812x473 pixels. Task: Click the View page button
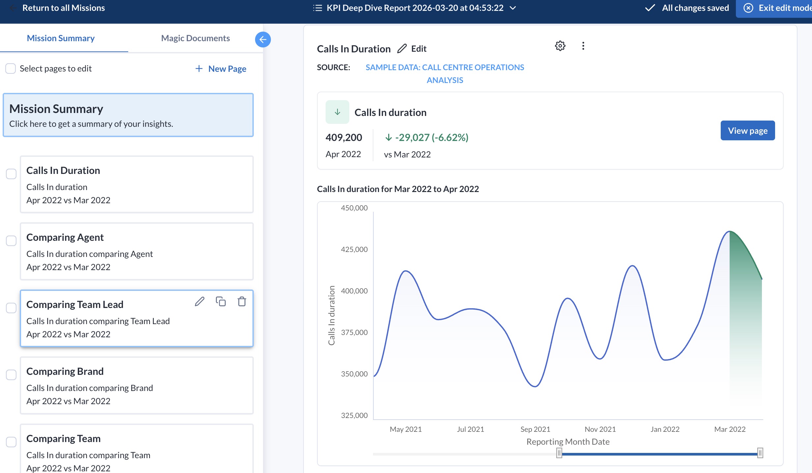[747, 131]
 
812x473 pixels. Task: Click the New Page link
[221, 69]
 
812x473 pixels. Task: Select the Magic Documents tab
[195, 38]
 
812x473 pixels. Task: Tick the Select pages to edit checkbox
[11, 69]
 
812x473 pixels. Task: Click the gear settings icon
[560, 46]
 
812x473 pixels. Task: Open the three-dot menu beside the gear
[583, 46]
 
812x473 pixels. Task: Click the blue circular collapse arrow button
[263, 40]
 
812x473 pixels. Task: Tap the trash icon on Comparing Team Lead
[242, 301]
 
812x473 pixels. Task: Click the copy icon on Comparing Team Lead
[220, 301]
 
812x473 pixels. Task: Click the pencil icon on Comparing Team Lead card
[199, 301]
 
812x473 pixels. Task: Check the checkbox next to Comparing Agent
[11, 241]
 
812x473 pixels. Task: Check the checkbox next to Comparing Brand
[11, 375]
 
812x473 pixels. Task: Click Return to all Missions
[63, 8]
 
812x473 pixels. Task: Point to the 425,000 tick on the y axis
[354, 249]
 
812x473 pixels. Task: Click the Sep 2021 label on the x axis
[535, 429]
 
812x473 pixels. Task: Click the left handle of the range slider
[559, 453]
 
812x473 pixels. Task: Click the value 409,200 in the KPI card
[343, 137]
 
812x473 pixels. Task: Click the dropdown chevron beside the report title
[513, 8]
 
